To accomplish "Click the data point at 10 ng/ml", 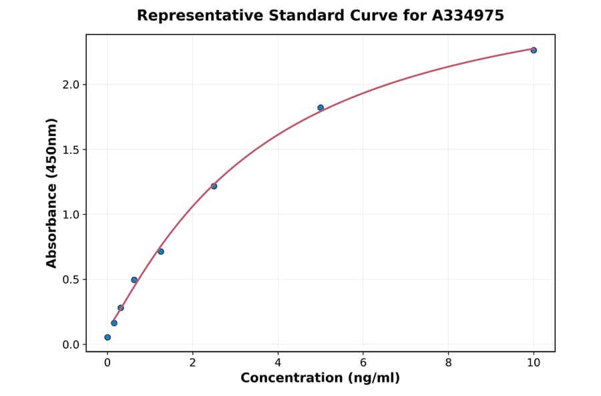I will point(534,50).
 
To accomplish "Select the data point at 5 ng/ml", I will point(321,107).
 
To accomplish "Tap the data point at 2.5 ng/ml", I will point(214,186).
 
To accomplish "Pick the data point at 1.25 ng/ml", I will point(161,251).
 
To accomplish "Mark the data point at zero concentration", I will point(108,337).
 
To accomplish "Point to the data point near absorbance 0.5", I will point(134,280).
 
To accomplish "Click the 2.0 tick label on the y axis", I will point(71,85).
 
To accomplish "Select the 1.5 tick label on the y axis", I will point(71,150).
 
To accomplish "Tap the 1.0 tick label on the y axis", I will point(71,215).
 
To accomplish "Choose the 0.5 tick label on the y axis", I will point(71,280).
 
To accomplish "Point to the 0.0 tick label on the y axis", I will point(71,345).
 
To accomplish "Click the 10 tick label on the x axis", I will point(534,363).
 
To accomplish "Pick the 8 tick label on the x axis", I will point(448,363).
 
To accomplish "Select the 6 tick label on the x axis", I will point(363,363).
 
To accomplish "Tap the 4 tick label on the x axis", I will point(278,363).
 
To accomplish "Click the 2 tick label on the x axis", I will point(193,363).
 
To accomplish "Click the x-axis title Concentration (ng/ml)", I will point(321,379).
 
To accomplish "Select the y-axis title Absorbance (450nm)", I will point(52,193).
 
